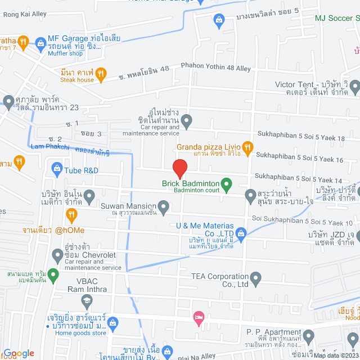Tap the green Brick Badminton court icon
pos(226,183)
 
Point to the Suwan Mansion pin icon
pos(164,209)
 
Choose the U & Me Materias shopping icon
pos(241,232)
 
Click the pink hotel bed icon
pos(197,318)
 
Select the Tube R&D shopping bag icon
pos(57,168)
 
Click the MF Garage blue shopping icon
pos(40,42)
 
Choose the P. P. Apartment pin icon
pos(308,336)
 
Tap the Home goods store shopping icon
pos(112,323)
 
